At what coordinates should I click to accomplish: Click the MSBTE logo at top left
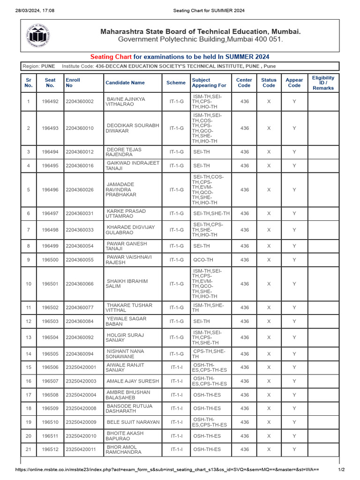click(38, 36)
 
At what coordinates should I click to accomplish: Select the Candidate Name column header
click(125, 82)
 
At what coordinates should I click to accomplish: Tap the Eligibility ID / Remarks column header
click(323, 82)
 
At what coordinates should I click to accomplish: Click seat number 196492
click(50, 101)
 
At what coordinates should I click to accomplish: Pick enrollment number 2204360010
click(80, 128)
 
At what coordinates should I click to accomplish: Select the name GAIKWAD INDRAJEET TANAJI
click(133, 165)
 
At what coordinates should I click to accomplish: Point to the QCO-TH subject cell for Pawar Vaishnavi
click(203, 260)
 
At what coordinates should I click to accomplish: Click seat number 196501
click(50, 284)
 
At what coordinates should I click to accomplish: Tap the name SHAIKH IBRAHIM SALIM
click(127, 284)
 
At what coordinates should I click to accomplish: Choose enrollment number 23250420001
click(81, 367)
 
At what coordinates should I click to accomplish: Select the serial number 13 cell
click(29, 337)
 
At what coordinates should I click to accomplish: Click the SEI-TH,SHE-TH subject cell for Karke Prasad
click(211, 213)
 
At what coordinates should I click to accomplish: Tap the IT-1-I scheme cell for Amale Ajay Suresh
click(176, 381)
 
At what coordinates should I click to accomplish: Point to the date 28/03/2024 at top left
click(28, 10)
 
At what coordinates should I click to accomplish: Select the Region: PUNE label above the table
click(38, 67)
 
